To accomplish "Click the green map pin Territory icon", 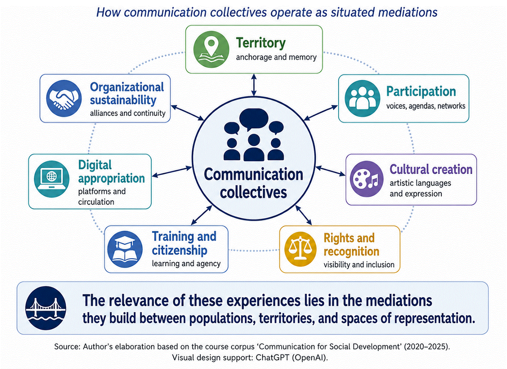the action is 211,50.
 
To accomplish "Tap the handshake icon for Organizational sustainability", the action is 64,98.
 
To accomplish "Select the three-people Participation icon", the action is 362,98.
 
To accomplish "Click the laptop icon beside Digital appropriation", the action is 52,179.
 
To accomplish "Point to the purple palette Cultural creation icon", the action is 367,179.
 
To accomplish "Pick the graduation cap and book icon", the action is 125,249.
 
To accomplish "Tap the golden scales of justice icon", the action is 300,249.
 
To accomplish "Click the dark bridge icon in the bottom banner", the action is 46,308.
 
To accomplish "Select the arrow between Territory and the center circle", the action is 254,85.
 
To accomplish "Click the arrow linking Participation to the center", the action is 321,112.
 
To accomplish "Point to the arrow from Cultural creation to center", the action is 330,171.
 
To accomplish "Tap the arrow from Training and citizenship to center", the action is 202,215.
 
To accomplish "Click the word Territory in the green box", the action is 261,43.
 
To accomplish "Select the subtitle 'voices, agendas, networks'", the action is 426,106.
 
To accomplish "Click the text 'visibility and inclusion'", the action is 359,264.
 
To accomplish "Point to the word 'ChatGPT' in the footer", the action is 272,358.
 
